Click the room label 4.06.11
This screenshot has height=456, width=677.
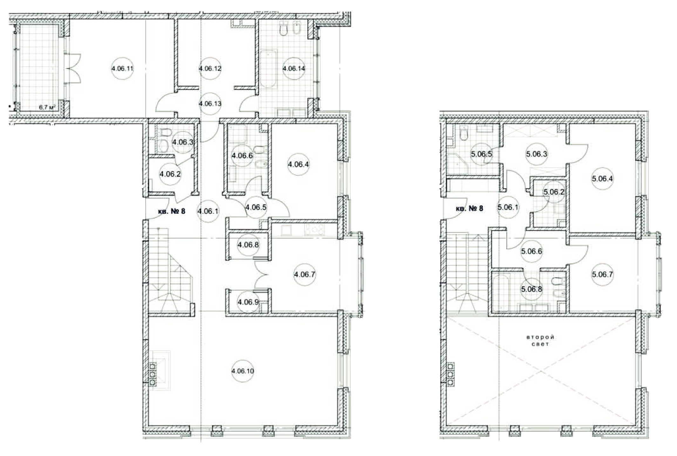(122, 68)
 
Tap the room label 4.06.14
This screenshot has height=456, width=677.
(294, 68)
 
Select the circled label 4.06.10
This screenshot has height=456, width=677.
(243, 371)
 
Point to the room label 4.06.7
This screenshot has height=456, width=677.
(304, 274)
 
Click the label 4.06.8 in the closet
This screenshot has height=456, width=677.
(248, 245)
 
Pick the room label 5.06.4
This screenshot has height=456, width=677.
(602, 178)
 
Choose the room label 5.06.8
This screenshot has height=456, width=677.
(531, 289)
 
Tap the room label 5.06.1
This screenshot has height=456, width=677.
(508, 208)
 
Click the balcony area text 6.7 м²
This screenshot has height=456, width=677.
(47, 107)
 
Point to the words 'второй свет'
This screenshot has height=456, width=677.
(540, 340)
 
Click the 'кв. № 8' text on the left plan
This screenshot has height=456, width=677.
(172, 211)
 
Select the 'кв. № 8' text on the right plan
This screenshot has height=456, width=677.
(469, 208)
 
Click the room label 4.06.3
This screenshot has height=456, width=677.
(183, 142)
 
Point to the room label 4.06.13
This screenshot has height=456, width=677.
(210, 104)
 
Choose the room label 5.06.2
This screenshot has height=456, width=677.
(554, 192)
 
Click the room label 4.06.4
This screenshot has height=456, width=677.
(298, 164)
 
